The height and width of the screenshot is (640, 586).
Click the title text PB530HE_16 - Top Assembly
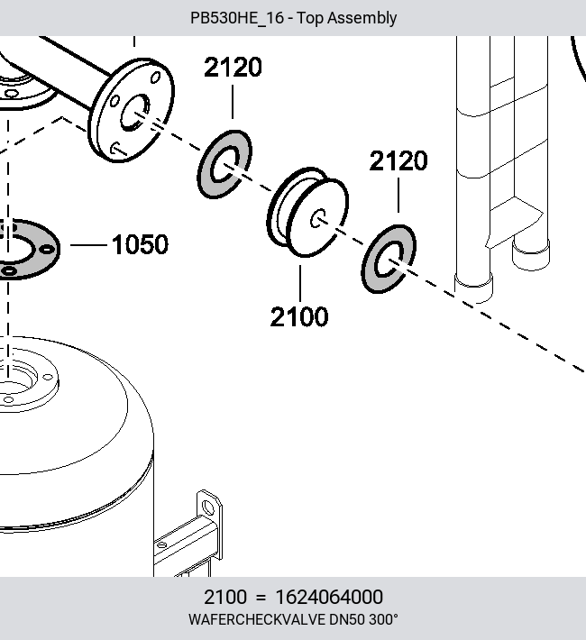tap(293, 18)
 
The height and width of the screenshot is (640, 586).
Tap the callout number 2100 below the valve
tap(299, 316)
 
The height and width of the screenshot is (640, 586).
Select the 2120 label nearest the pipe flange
tap(233, 68)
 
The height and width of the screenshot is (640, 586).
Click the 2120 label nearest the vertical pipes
tap(398, 160)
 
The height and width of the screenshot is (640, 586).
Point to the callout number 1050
tap(140, 244)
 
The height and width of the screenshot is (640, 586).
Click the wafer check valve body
tap(307, 212)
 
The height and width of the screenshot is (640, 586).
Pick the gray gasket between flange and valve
tap(224, 164)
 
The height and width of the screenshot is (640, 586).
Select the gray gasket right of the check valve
tap(389, 259)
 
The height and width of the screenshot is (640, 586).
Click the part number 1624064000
tap(329, 597)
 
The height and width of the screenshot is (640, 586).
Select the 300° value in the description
tap(383, 619)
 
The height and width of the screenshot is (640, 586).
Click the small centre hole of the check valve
tap(317, 219)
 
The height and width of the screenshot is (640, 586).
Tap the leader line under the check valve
tap(300, 283)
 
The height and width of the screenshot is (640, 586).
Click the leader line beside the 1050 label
tap(88, 245)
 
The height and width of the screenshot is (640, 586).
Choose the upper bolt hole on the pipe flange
tap(155, 78)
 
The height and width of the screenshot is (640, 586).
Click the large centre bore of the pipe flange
tap(134, 113)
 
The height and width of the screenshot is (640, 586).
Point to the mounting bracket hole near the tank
tap(208, 507)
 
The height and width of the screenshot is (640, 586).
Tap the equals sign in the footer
tap(261, 598)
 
